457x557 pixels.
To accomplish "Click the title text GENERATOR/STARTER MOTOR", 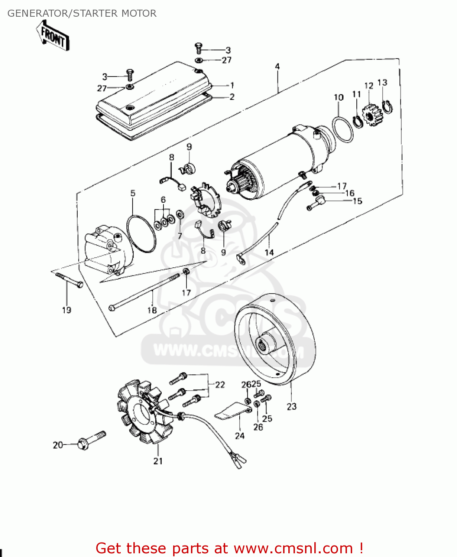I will tap(82, 13).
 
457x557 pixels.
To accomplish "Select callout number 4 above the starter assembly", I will tap(277, 66).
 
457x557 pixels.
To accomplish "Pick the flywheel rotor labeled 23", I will tap(275, 339).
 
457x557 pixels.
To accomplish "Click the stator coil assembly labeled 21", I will tap(145, 412).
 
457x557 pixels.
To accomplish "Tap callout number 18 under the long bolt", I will tap(152, 310).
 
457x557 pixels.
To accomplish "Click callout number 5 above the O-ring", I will tap(133, 193).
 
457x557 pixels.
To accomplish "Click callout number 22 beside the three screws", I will tap(220, 385).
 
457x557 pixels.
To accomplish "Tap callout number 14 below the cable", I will tap(269, 253).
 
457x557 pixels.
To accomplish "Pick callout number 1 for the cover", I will tap(232, 85).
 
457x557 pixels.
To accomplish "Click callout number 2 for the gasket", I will tap(232, 97).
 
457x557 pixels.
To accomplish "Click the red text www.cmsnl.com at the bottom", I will tap(293, 548).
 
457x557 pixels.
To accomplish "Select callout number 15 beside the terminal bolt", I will tap(357, 201).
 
